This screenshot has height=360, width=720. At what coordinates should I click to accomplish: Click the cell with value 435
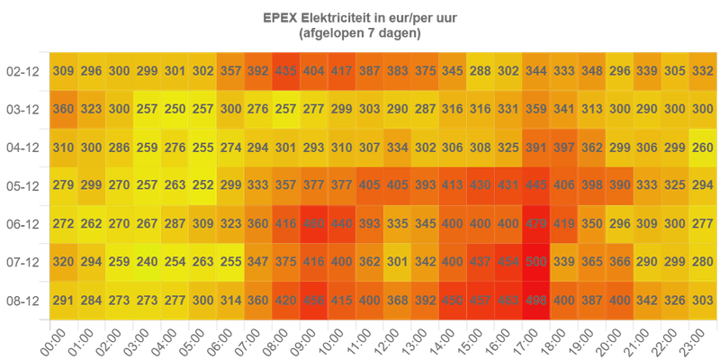coord(287,71)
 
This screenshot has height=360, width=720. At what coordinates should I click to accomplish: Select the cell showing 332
coord(703,71)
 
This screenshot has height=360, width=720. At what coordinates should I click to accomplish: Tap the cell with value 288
coord(481,71)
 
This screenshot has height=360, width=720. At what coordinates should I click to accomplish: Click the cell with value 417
coord(342,71)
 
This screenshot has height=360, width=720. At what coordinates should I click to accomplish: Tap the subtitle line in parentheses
coord(359,33)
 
